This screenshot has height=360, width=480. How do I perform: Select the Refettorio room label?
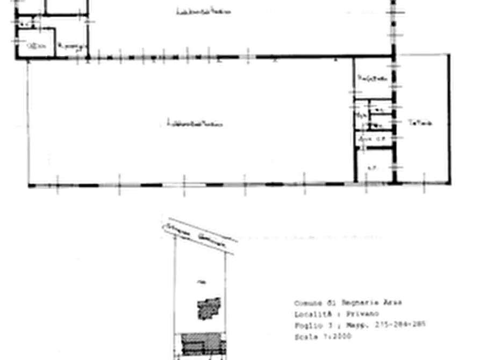pos(373,79)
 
